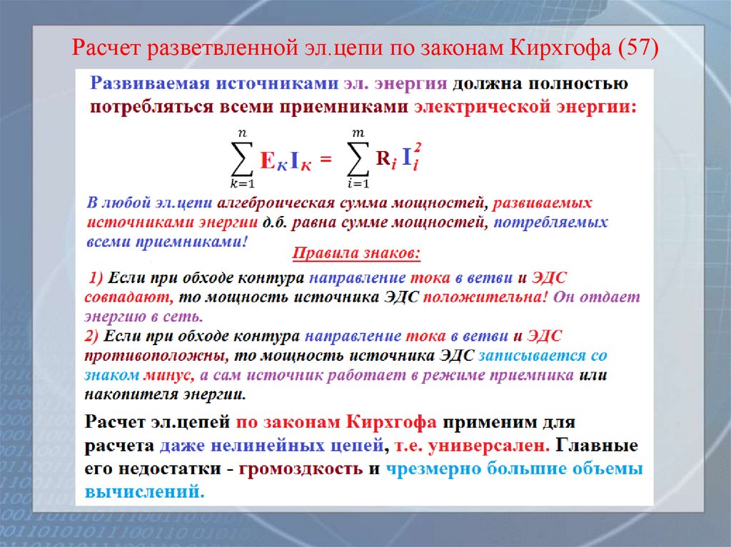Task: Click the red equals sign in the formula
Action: pos(326,161)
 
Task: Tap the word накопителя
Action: pos(123,393)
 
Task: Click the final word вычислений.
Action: pos(144,491)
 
